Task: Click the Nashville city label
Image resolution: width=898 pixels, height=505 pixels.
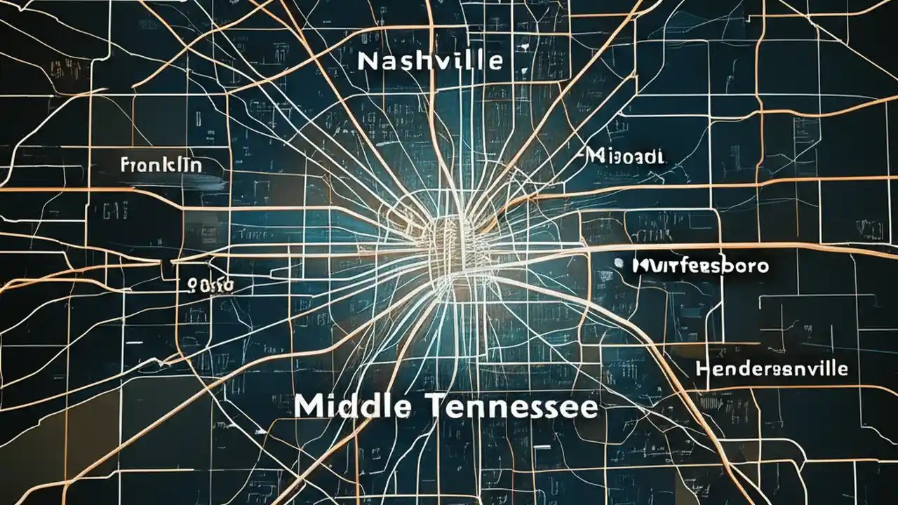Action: pos(429,61)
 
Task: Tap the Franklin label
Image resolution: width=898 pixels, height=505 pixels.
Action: pos(161,166)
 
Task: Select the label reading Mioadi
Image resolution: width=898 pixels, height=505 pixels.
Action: pos(625,156)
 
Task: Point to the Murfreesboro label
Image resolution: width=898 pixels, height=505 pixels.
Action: pos(699,266)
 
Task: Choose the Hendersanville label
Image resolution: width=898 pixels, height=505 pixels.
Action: pos(772,368)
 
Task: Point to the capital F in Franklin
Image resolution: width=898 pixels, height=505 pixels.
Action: pos(125,166)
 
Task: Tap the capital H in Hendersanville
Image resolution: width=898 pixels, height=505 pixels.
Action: pos(703,369)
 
